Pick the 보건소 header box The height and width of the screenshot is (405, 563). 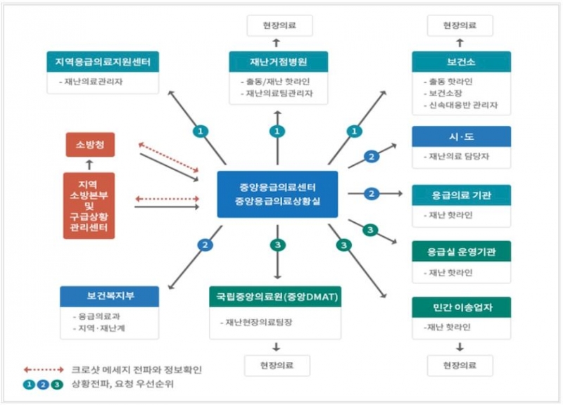[x=461, y=61]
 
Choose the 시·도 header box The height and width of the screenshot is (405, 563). [x=461, y=136]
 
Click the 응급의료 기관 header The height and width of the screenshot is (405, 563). [x=461, y=195]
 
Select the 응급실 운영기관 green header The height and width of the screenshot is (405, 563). [x=461, y=251]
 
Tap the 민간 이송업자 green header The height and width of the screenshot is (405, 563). [x=461, y=307]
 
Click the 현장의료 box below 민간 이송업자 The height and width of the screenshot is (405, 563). [x=461, y=366]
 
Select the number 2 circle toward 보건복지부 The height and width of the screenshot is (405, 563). [x=205, y=245]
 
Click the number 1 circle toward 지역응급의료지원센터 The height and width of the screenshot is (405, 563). [x=201, y=131]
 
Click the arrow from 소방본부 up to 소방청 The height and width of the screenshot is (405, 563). [x=89, y=165]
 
